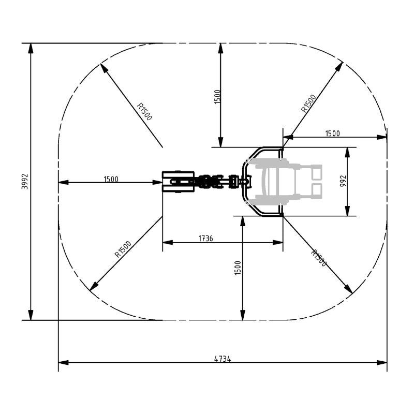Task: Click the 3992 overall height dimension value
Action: click(x=24, y=181)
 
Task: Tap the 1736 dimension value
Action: click(x=206, y=238)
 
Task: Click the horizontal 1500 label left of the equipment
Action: click(x=111, y=179)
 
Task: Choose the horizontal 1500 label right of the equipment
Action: click(x=332, y=134)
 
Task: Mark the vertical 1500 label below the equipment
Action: click(x=238, y=268)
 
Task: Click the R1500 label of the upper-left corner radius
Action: click(x=144, y=111)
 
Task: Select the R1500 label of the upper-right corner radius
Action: click(x=308, y=103)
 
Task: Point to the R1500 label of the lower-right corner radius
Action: click(x=319, y=258)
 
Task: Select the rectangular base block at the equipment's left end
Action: click(x=178, y=181)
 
